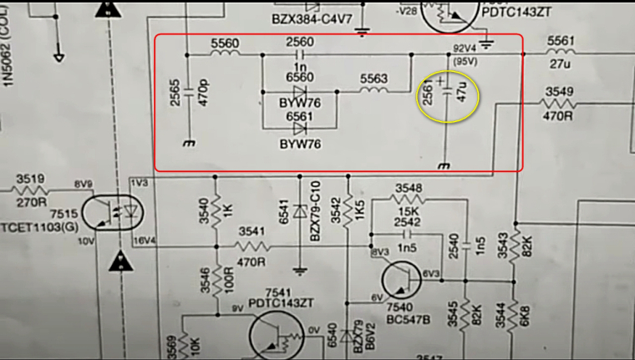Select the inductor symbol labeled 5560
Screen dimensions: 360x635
[x=224, y=55]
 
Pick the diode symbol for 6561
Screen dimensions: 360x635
[x=300, y=129]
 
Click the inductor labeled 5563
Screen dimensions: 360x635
[x=373, y=91]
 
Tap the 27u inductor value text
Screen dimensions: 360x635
[x=561, y=61]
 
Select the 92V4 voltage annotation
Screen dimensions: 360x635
[x=465, y=48]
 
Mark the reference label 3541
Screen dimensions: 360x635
[x=253, y=231]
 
